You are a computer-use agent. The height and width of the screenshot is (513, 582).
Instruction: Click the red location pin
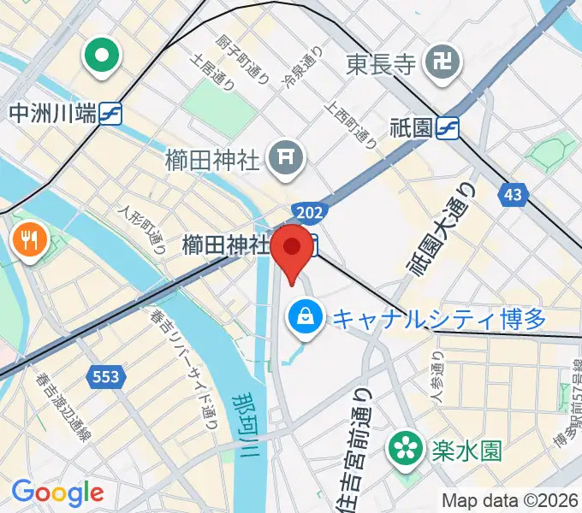pos(293,248)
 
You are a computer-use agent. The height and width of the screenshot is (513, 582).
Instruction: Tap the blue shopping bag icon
pos(304,317)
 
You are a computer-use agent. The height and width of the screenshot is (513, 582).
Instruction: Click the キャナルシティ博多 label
pos(439,319)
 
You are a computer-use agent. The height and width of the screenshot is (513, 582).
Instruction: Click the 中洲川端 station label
pos(51,113)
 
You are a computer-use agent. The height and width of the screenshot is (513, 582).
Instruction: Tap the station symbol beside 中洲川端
pos(110,113)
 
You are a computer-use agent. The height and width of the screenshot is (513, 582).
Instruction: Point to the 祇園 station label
pos(413,128)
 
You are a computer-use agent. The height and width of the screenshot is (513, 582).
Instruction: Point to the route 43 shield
pos(513,195)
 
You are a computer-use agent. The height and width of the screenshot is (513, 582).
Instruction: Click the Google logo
pos(57,492)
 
